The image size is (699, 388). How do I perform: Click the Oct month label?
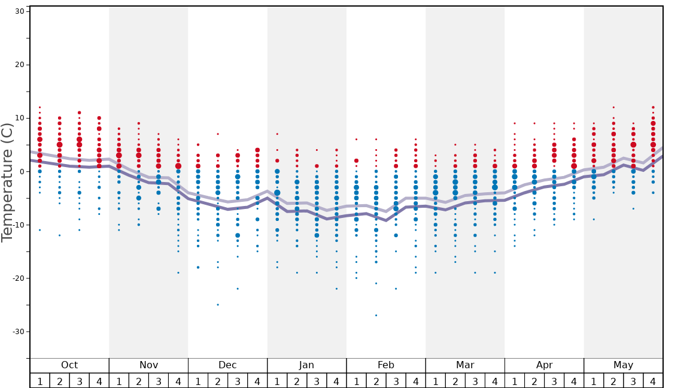point(69,365)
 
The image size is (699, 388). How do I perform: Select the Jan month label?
point(306,365)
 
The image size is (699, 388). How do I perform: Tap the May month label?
point(623,365)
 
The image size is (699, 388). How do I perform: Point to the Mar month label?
point(465,365)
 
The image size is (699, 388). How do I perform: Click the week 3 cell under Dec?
point(238,381)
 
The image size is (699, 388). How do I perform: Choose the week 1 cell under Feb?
point(356,381)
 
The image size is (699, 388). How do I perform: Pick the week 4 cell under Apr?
point(574,381)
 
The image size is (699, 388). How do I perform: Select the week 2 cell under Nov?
point(139,381)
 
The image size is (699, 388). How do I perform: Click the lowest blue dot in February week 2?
point(376,316)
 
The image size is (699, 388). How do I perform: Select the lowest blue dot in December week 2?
point(218,305)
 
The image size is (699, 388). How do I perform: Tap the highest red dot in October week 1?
point(39,107)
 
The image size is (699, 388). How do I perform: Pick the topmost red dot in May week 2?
point(613,107)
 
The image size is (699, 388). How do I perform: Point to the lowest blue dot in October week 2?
point(59,235)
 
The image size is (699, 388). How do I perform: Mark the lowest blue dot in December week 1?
point(198,267)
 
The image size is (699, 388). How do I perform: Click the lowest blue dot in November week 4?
point(178,272)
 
